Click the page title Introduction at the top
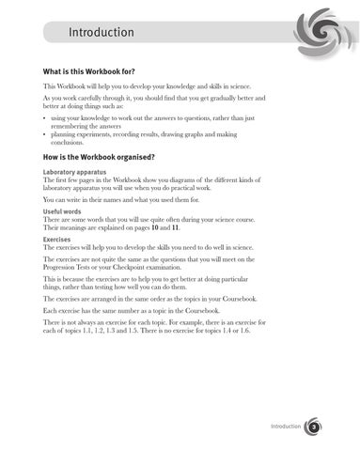[102, 34]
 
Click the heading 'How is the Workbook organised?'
[105, 157]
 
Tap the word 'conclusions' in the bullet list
[73, 145]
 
